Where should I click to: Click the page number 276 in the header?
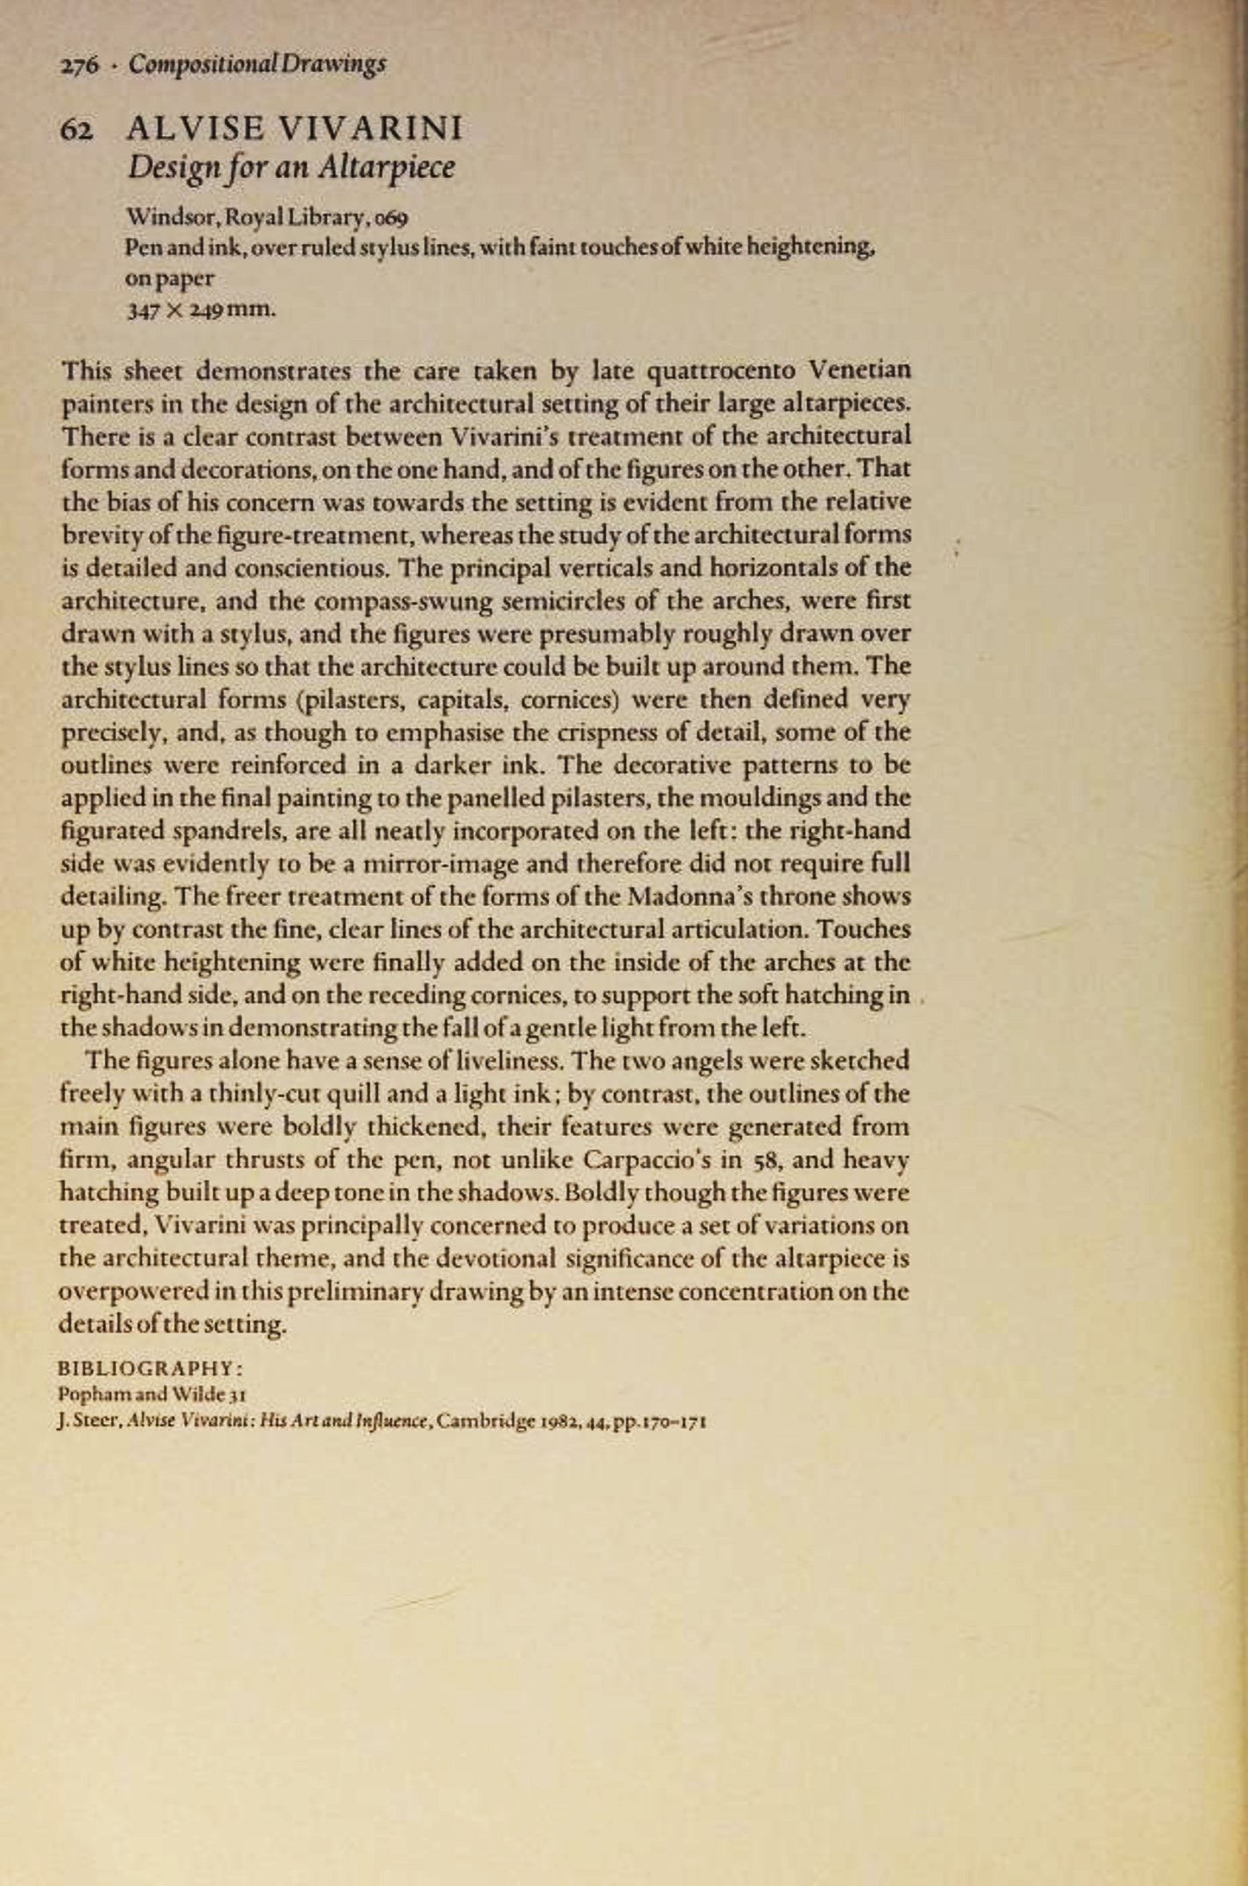click(x=78, y=66)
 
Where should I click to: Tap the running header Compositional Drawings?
click(x=257, y=64)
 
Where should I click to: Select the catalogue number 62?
click(x=75, y=131)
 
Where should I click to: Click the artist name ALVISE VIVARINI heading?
click(x=295, y=129)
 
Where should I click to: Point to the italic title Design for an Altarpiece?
click(x=291, y=167)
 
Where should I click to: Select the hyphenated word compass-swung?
click(x=406, y=601)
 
